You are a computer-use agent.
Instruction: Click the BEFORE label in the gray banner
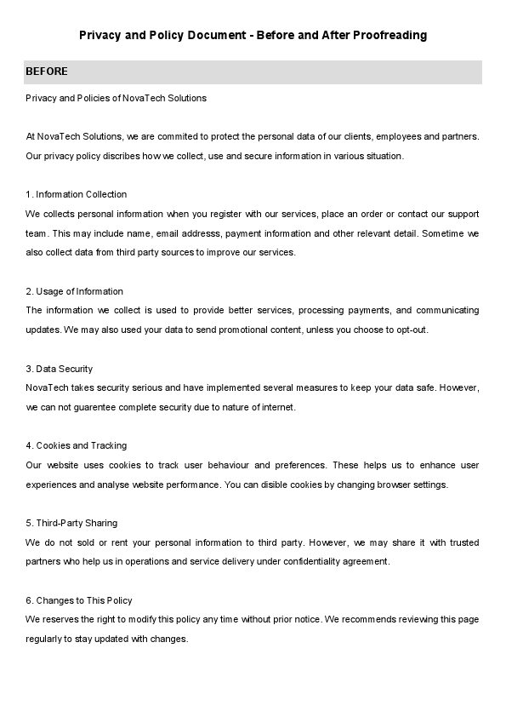tap(47, 72)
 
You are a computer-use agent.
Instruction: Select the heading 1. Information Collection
tap(77, 194)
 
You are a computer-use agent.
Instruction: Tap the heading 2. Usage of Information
tap(75, 291)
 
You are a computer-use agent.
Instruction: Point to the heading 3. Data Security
tap(60, 369)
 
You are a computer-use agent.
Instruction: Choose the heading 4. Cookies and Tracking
tap(77, 445)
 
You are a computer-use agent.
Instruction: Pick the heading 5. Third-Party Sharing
tap(72, 523)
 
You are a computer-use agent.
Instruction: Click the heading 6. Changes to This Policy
tap(79, 600)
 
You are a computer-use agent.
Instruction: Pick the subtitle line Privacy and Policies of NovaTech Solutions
tap(117, 98)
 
